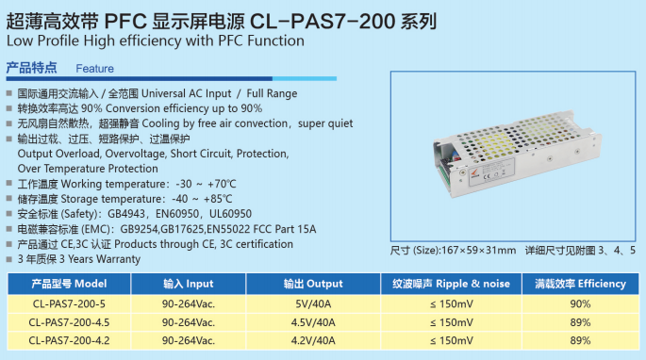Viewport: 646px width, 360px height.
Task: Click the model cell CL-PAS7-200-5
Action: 69,304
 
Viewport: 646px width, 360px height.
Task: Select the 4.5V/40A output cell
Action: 313,322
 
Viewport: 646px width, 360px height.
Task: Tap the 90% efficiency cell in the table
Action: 580,304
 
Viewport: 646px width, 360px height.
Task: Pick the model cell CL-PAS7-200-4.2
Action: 69,340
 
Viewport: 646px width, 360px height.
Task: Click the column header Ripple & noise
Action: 451,284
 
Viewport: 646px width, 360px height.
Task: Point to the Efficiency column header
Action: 581,284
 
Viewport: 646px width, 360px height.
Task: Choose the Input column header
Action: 189,284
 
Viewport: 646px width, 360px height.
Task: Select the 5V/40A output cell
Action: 313,304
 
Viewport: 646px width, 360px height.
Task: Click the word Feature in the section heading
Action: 94,69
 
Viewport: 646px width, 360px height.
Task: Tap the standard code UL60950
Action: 230,214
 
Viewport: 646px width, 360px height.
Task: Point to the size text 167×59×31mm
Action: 478,251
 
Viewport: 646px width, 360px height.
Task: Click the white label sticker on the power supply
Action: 491,172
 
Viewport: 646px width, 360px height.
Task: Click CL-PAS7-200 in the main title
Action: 323,21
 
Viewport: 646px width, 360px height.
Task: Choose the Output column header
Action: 313,284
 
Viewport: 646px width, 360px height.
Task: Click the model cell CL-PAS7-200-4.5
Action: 69,322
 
